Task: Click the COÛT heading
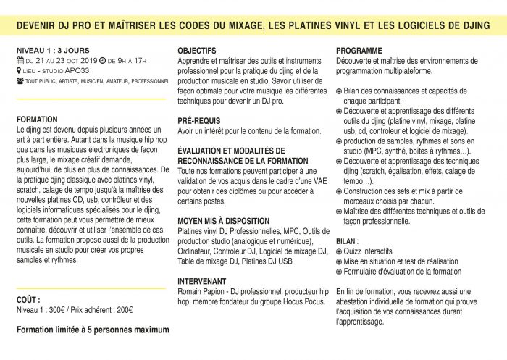click(x=29, y=298)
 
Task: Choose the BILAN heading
click(x=347, y=240)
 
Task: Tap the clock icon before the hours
click(x=102, y=62)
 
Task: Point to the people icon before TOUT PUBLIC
click(x=20, y=82)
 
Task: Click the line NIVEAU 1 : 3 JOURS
click(x=45, y=51)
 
